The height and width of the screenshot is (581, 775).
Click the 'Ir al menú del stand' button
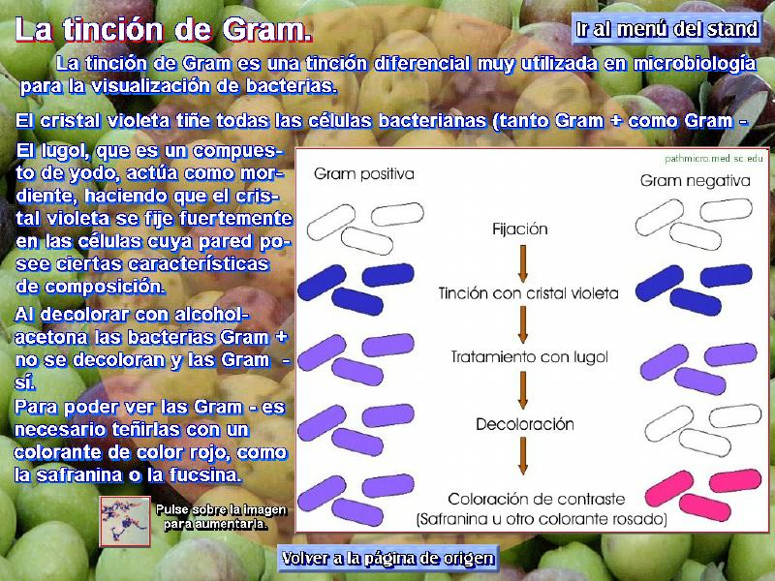tap(666, 29)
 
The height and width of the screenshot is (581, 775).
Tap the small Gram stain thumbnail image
tap(125, 522)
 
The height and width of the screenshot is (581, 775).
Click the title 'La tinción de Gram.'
tap(164, 30)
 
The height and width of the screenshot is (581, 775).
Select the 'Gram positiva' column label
tap(364, 174)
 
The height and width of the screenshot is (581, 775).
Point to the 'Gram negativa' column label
tap(695, 181)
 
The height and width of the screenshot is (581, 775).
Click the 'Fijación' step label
tap(520, 229)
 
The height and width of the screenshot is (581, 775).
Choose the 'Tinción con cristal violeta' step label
tap(528, 293)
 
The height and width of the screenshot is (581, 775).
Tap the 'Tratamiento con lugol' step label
tap(529, 356)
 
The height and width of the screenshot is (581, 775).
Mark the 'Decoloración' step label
tap(525, 424)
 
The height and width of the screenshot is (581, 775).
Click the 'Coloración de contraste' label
tap(537, 499)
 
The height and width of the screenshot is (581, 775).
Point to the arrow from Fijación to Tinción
tap(523, 263)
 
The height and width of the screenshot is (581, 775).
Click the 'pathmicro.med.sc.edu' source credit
tap(714, 159)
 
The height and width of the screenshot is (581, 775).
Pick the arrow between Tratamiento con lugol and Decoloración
tap(523, 390)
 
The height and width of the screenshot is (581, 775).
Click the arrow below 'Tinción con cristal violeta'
tap(523, 324)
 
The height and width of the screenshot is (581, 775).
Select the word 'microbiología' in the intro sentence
tap(695, 64)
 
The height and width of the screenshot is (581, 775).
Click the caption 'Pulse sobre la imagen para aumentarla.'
tap(221, 517)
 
